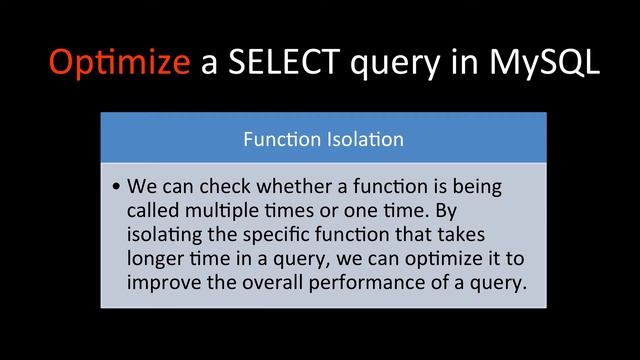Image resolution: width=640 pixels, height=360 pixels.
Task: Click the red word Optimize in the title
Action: [119, 63]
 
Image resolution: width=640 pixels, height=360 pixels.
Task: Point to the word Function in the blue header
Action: [282, 139]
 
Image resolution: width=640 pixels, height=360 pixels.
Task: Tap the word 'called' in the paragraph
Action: [152, 211]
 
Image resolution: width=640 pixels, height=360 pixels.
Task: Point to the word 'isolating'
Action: [164, 235]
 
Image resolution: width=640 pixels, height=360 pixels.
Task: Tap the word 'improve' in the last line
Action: [162, 283]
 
